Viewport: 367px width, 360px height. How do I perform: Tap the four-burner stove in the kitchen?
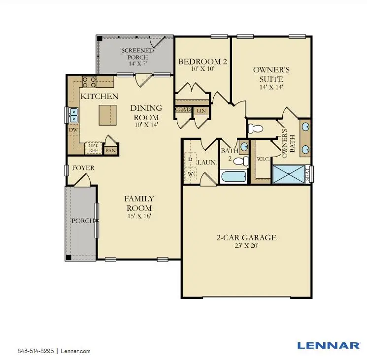click(x=89, y=82)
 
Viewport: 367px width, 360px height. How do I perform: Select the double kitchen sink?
click(x=73, y=115)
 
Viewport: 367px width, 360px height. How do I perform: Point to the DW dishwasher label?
click(x=73, y=130)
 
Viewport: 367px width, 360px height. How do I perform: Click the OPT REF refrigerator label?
click(x=93, y=147)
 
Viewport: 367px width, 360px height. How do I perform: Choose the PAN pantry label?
click(x=110, y=150)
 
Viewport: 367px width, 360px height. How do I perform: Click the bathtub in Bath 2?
click(x=234, y=177)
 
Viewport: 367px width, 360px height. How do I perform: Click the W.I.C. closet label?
click(x=262, y=159)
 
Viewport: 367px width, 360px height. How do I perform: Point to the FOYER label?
click(x=83, y=168)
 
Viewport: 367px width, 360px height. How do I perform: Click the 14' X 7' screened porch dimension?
click(x=138, y=64)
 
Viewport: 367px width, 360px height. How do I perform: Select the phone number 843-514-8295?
click(x=35, y=351)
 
